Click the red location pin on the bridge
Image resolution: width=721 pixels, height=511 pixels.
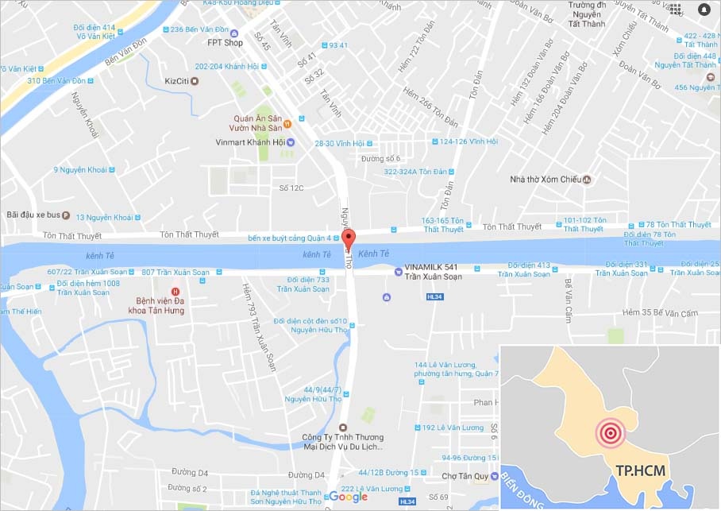(x=349, y=238)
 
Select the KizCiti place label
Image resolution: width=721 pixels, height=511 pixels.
(x=179, y=80)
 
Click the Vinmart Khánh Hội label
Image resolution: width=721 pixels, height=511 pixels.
(x=249, y=142)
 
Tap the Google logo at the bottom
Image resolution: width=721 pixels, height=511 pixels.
(x=349, y=497)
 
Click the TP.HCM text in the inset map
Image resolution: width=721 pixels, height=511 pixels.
(x=641, y=470)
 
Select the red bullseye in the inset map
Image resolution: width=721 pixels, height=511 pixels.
(x=611, y=433)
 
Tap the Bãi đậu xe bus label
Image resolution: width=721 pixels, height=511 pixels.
(x=33, y=215)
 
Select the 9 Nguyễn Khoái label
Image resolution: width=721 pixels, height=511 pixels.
(x=81, y=169)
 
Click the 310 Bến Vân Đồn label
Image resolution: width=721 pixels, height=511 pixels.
(x=56, y=81)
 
